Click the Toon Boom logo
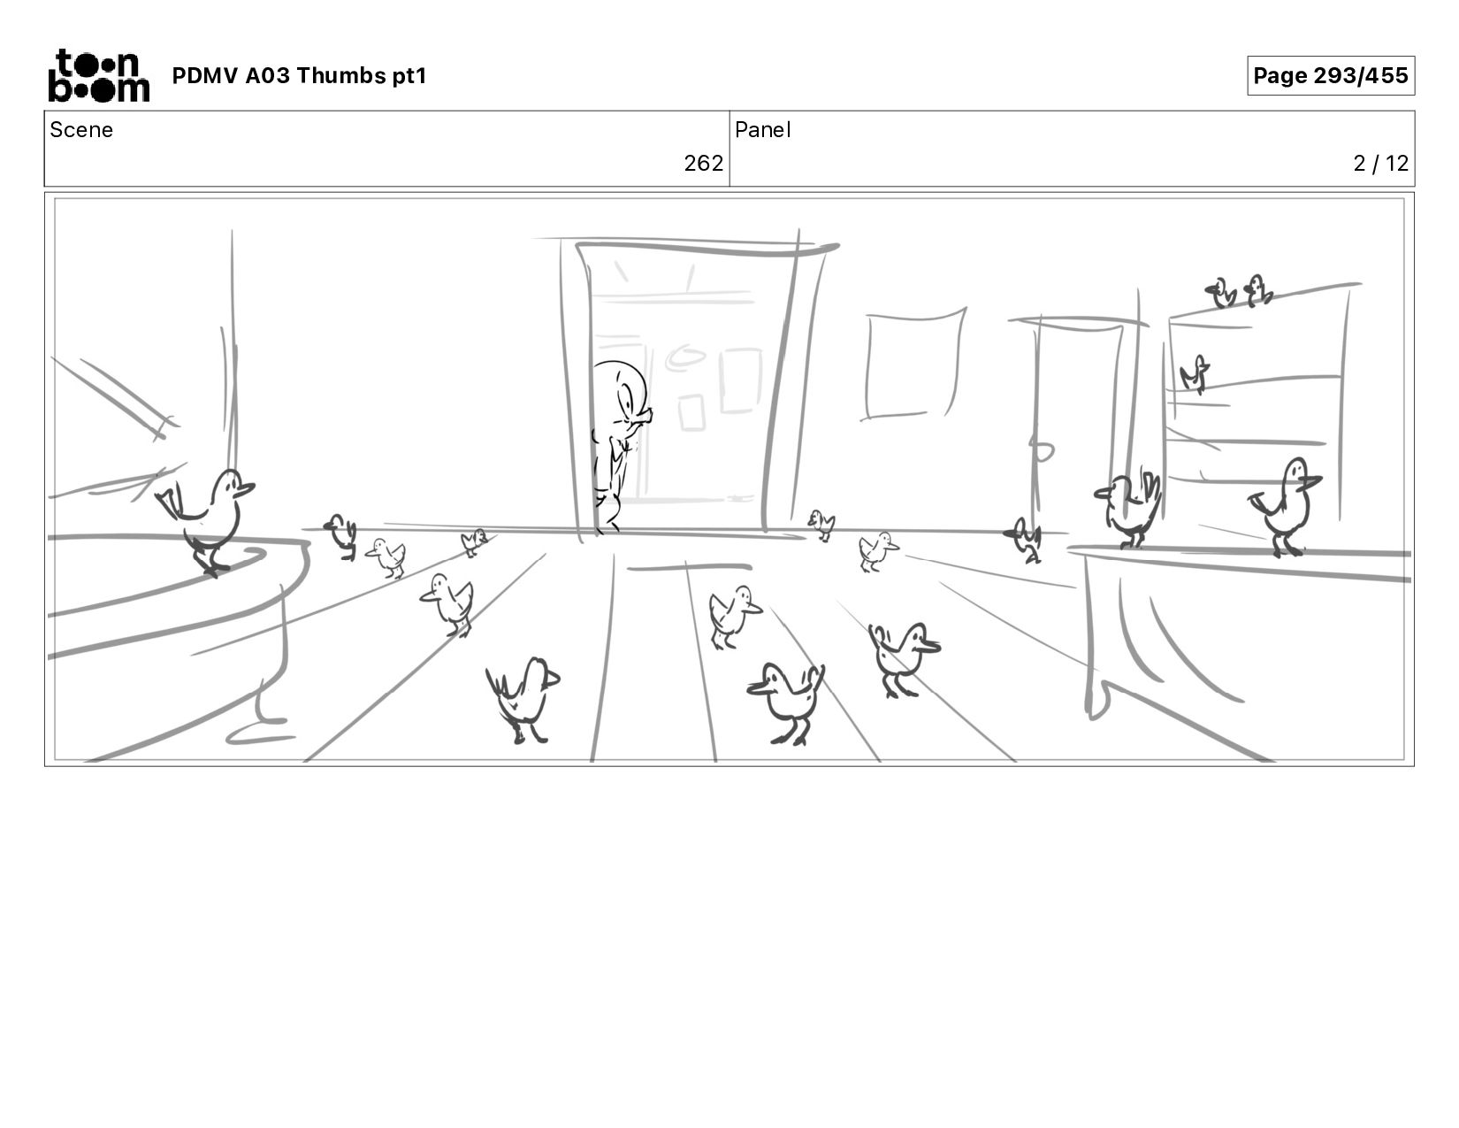99,75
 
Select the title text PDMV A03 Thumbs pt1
300,75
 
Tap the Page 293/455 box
1330,75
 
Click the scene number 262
703,164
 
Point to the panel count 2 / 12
1380,164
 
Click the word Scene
81,130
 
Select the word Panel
763,130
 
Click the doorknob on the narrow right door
1042,451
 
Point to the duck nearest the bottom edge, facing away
523,700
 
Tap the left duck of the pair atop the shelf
1222,293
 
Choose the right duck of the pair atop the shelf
1257,291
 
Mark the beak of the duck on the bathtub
245,487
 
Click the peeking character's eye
627,405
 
